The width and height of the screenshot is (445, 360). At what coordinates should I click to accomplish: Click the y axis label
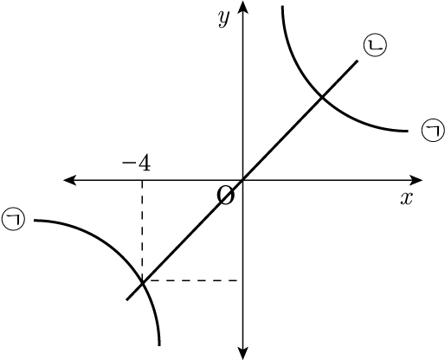[224, 19]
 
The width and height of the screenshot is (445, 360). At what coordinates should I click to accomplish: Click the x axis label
[406, 198]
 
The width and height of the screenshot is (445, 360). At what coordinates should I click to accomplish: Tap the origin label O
[225, 195]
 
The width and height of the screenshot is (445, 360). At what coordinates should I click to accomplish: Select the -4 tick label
[136, 164]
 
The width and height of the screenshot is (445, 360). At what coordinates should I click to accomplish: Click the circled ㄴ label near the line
[375, 45]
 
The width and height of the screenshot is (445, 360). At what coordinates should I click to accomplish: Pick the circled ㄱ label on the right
[434, 131]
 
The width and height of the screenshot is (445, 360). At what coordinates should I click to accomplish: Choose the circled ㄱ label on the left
[13, 219]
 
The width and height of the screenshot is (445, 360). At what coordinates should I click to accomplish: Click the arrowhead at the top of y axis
[242, 6]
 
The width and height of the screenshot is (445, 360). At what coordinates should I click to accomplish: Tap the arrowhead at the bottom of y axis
[242, 353]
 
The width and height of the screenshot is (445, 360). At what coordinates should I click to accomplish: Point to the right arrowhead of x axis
[416, 180]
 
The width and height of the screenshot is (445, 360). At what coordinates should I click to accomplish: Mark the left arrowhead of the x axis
[69, 180]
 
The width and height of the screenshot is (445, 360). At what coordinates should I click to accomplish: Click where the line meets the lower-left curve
[142, 283]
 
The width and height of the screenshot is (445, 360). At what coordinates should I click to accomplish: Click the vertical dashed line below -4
[142, 231]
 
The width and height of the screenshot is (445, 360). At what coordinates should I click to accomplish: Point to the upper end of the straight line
[358, 61]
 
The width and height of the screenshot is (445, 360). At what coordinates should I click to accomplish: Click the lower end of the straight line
[127, 299]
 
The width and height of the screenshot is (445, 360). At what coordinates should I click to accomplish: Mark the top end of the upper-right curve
[283, 6]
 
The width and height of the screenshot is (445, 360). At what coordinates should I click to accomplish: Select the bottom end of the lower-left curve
[159, 345]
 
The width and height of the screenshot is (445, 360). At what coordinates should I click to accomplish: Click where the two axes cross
[242, 180]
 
